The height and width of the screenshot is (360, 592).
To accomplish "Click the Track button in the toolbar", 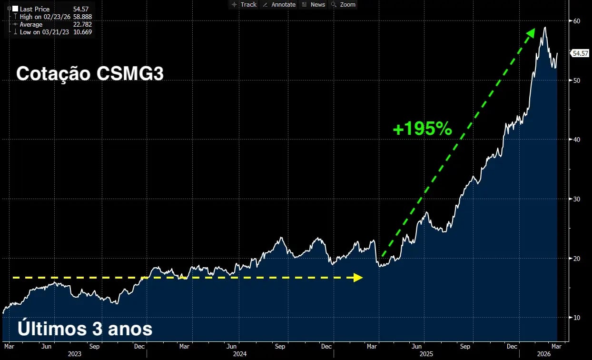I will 244,5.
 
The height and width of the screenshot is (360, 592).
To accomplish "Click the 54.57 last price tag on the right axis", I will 580,53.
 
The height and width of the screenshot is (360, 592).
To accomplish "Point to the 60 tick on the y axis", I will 576,21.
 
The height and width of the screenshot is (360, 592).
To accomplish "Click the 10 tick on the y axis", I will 576,318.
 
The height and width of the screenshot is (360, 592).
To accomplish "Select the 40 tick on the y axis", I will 576,140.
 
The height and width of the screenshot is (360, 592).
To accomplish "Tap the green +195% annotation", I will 422,129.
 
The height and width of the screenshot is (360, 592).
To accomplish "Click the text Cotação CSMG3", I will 90,74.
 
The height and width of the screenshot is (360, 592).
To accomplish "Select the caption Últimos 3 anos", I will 85,329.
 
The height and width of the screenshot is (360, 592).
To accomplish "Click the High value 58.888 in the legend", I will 82,17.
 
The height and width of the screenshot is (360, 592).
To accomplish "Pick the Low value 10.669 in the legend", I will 82,32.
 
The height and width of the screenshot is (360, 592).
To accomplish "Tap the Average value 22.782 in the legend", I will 82,24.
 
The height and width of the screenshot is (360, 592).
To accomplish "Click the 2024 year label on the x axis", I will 239,354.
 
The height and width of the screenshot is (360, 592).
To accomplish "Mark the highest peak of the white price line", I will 544,28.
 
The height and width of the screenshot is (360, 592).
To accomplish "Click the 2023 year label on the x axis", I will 74,354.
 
